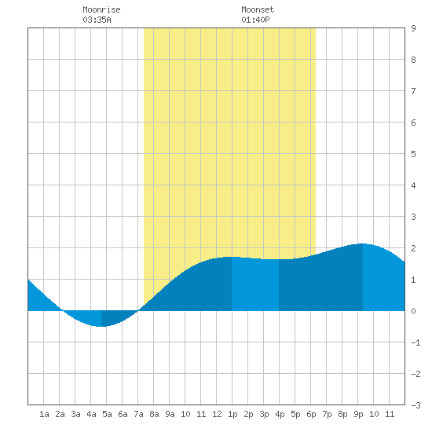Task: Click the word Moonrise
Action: pos(101,9)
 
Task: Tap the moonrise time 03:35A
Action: pos(97,20)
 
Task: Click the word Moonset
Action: pos(258,9)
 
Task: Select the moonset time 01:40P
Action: pos(255,20)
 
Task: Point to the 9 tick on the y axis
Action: pos(413,28)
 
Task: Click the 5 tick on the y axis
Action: pos(413,154)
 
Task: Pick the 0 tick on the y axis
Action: pos(413,311)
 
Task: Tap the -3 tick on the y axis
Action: pos(416,405)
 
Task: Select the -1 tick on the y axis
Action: pos(416,342)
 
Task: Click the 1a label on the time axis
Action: pos(44,414)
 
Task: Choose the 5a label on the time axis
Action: pos(107,414)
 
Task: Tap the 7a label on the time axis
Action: pos(138,414)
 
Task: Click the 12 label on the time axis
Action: pos(217,414)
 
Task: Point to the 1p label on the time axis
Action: pos(232,414)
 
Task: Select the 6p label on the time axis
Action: pos(311,414)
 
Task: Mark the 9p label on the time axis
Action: pos(358,414)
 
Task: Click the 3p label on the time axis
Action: pos(264,414)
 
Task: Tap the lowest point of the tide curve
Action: pos(101,327)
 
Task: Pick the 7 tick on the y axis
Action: pos(413,91)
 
